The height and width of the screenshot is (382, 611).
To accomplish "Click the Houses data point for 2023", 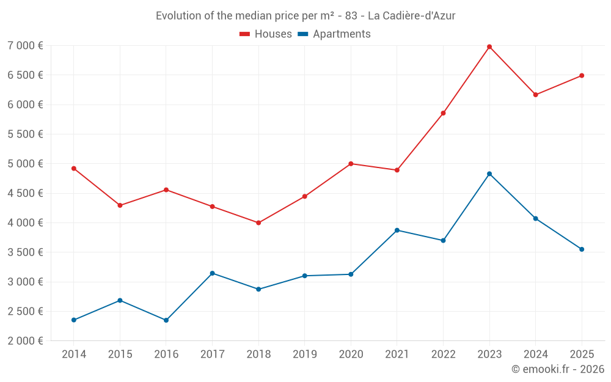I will tap(489, 46).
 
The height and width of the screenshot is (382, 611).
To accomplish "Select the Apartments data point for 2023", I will tap(489, 174).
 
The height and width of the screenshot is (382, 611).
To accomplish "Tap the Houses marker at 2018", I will tap(258, 222).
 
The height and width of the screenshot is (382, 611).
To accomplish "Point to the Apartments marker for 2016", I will tap(166, 320).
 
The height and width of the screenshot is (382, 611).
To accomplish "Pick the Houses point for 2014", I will tap(74, 168).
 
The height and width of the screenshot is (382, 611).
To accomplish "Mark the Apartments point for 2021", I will tap(397, 230).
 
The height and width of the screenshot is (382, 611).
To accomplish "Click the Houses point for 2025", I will tap(582, 75).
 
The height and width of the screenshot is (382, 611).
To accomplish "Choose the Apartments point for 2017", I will tap(212, 273).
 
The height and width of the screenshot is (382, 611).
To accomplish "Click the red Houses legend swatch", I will tap(244, 34).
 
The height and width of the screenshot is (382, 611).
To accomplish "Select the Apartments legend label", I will tap(342, 34).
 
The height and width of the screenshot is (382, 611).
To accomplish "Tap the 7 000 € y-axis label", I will tap(25, 45).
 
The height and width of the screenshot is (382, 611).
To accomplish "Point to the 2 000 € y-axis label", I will tap(25, 340).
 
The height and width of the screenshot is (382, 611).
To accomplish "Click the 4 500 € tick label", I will tap(25, 193).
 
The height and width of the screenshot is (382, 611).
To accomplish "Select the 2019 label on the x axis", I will tap(305, 354).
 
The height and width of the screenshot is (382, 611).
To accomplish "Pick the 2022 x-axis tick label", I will tap(443, 354).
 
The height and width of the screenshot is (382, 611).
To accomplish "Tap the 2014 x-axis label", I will tap(74, 354).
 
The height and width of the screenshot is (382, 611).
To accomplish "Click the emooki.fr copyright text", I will tap(558, 369).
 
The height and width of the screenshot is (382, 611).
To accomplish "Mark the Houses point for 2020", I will tap(351, 164).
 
